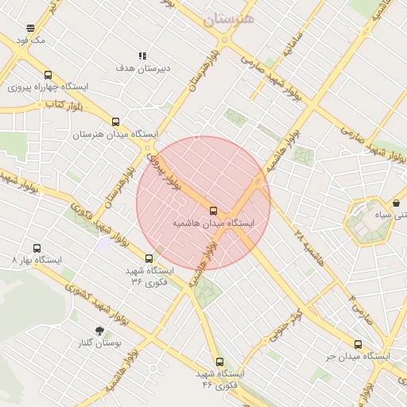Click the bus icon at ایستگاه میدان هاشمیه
pyautogui.click(x=213, y=211)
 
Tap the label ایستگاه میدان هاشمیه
pyautogui.click(x=214, y=224)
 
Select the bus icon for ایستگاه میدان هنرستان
pyautogui.click(x=116, y=122)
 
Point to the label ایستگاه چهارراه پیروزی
pyautogui.click(x=48, y=87)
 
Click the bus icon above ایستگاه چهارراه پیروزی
pyautogui.click(x=48, y=75)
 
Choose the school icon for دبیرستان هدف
pyautogui.click(x=142, y=56)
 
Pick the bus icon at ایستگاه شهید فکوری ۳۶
pyautogui.click(x=149, y=258)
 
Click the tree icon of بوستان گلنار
pyautogui.click(x=99, y=331)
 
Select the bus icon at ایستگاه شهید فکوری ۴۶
pyautogui.click(x=220, y=362)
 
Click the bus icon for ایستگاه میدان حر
pyautogui.click(x=358, y=344)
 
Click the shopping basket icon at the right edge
pyautogui.click(x=397, y=203)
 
